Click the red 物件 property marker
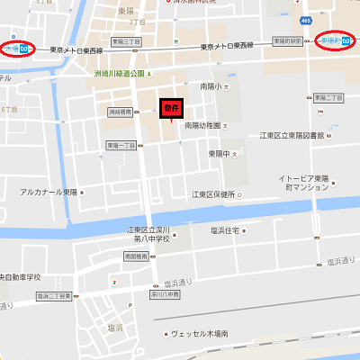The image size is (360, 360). (171, 107)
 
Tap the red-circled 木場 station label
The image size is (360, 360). (18, 48)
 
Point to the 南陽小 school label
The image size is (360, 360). (211, 87)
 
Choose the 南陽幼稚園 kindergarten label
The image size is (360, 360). (202, 126)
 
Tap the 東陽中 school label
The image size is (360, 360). (221, 154)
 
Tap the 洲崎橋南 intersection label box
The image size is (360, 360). (119, 112)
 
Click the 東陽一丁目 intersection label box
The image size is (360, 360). (119, 145)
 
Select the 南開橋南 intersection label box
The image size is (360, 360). (137, 256)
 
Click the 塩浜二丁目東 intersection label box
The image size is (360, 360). (54, 295)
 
